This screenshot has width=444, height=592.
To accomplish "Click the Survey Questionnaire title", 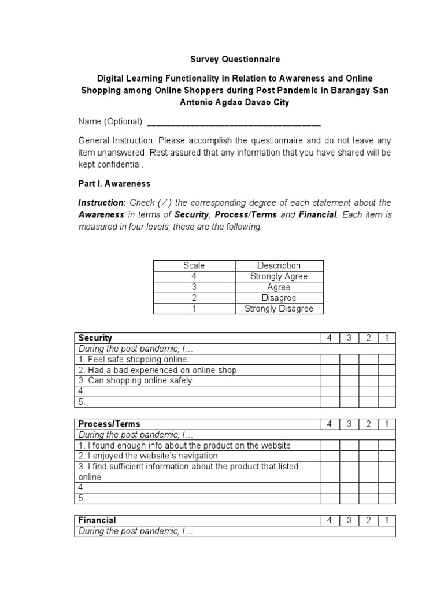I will pyautogui.click(x=235, y=59).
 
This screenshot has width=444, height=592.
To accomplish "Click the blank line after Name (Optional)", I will pyautogui.click(x=234, y=122).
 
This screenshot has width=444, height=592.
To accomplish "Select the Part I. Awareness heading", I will pyautogui.click(x=114, y=183).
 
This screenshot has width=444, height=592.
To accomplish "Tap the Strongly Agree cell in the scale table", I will pyautogui.click(x=279, y=276).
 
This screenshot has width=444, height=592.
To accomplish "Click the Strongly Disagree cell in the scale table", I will pyautogui.click(x=279, y=309).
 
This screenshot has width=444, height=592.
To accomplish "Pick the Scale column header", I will pyautogui.click(x=194, y=265).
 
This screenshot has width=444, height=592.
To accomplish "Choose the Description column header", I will pyautogui.click(x=279, y=265).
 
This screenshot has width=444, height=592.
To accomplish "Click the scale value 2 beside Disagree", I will pyautogui.click(x=194, y=298).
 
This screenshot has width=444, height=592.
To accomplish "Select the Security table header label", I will pyautogui.click(x=95, y=338).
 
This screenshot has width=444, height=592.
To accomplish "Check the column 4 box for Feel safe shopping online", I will pyautogui.click(x=329, y=360).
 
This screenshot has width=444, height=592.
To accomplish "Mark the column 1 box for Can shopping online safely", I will pyautogui.click(x=387, y=380).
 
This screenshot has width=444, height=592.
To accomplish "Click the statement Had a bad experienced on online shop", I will pyautogui.click(x=157, y=370).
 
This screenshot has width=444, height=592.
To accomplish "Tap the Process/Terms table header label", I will pyautogui.click(x=109, y=424).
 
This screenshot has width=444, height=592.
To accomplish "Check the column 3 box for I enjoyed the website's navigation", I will pyautogui.click(x=349, y=456).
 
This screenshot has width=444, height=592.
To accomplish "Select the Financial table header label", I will pyautogui.click(x=97, y=520).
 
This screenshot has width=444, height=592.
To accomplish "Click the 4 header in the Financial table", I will pyautogui.click(x=329, y=520).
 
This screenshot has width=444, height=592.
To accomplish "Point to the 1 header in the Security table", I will pyautogui.click(x=387, y=338).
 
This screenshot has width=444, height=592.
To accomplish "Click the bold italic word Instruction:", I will pyautogui.click(x=102, y=203).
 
